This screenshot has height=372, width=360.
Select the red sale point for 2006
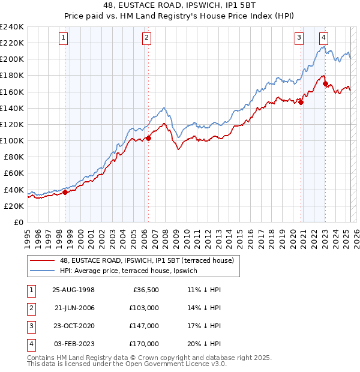click(148, 138)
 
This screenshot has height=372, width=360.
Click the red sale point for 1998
click(65, 192)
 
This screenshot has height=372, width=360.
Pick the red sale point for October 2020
click(301, 102)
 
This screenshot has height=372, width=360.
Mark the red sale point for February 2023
click(325, 83)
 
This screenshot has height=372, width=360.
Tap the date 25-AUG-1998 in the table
click(74, 289)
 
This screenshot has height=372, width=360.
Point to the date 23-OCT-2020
click(74, 326)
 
